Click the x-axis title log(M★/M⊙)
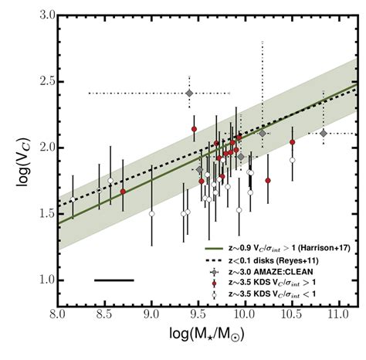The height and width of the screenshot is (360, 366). [x=206, y=342]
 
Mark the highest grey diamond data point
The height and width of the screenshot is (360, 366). [x=189, y=93]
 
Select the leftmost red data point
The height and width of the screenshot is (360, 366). [x=123, y=191]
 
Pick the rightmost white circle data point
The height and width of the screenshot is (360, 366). [x=293, y=160]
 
